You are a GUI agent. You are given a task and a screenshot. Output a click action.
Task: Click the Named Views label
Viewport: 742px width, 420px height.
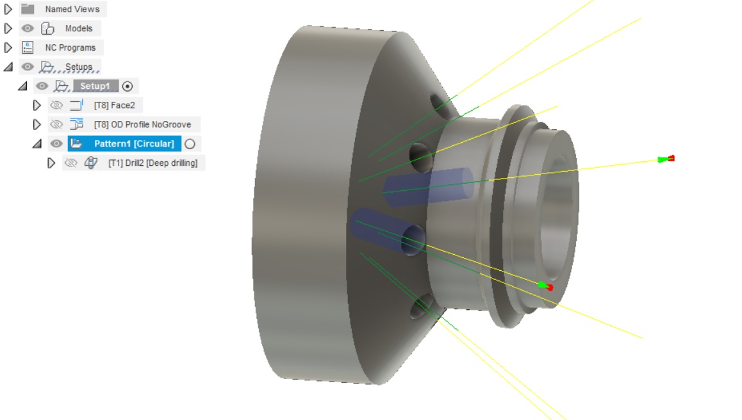tap(72, 9)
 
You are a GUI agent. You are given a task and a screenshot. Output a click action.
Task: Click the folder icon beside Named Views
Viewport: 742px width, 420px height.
tap(28, 9)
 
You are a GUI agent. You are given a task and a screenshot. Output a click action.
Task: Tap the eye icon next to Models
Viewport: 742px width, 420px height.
tap(28, 28)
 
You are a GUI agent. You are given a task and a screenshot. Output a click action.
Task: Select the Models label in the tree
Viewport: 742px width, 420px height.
tap(78, 28)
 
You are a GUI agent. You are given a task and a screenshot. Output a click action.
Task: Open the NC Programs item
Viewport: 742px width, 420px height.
tap(70, 47)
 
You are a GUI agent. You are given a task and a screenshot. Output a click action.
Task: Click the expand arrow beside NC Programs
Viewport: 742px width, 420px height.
tap(8, 47)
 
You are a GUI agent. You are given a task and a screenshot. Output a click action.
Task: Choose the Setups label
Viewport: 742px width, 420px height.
tap(78, 67)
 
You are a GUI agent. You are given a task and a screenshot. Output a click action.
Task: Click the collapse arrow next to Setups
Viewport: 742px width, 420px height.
tap(8, 67)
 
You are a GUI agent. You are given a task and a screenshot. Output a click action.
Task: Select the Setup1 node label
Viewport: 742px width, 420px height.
tap(95, 86)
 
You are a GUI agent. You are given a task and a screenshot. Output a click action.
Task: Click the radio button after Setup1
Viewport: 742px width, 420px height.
tap(128, 86)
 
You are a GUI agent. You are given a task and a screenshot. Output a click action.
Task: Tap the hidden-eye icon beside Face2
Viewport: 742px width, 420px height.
tap(56, 105)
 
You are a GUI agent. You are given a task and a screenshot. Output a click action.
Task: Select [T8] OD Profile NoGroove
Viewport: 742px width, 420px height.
tap(142, 124)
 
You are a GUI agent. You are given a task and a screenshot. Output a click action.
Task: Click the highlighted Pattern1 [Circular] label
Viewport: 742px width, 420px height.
tap(134, 143)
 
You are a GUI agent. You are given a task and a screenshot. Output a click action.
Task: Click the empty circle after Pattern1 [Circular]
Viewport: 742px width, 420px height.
tap(190, 143)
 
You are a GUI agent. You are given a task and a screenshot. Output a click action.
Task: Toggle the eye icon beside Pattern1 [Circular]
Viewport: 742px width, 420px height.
tap(56, 143)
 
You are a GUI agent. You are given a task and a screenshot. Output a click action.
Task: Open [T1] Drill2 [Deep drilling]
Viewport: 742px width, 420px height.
tap(153, 163)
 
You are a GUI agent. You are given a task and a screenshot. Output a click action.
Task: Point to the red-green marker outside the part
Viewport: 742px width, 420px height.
tap(666, 159)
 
